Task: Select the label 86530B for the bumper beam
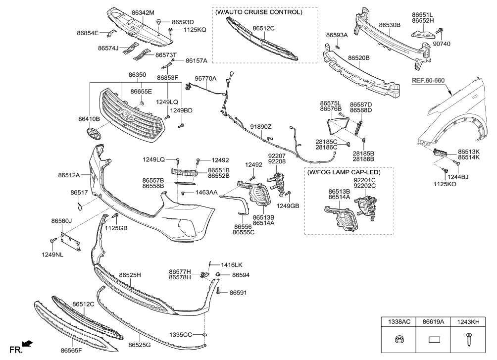(x=390, y=24)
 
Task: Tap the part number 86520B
(x=359, y=58)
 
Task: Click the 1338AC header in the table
(x=398, y=321)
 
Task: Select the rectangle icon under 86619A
(x=434, y=340)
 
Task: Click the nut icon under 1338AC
(x=398, y=340)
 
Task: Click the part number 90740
(x=442, y=44)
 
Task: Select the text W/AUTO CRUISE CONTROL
(x=258, y=12)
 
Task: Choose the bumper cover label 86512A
(x=69, y=175)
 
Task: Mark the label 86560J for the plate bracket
(x=61, y=221)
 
